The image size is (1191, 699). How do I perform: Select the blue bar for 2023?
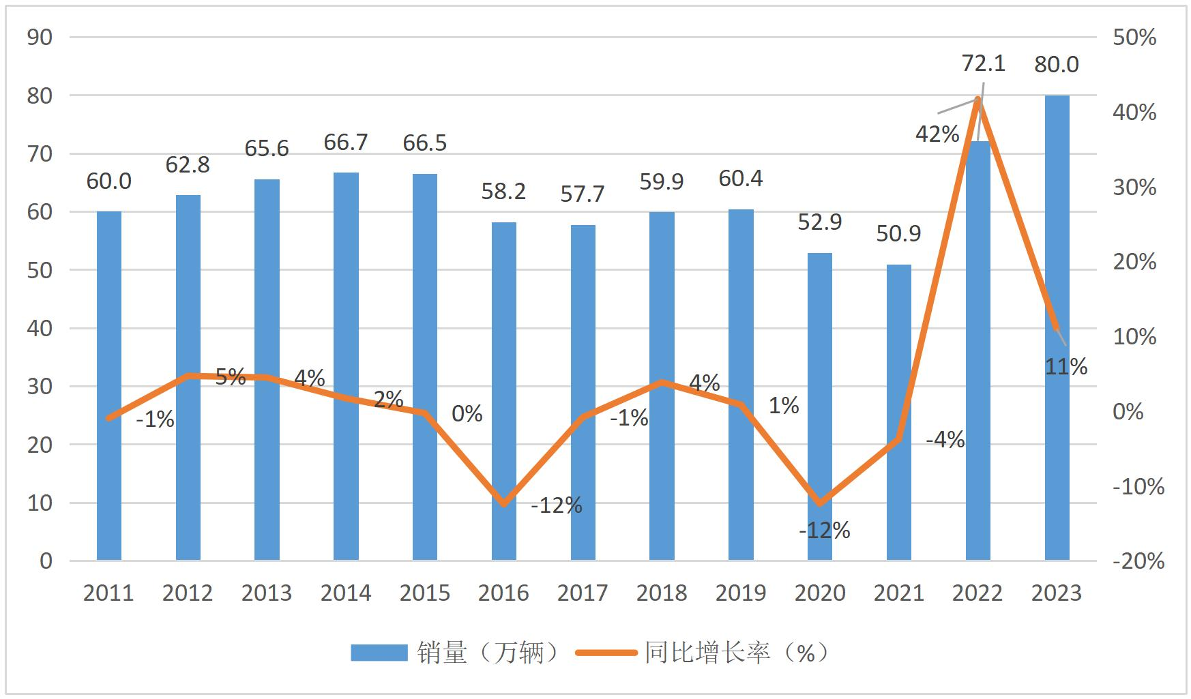[1057, 327]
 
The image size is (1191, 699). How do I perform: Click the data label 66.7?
[346, 143]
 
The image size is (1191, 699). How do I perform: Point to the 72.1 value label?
[983, 63]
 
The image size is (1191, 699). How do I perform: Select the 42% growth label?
[937, 134]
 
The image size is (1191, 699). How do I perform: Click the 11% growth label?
[1066, 367]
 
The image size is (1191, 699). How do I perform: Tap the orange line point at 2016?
[504, 504]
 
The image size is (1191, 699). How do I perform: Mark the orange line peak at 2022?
[978, 99]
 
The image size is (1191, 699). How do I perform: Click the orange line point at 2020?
[820, 504]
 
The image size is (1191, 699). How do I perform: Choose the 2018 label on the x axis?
[662, 593]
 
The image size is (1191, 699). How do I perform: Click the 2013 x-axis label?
[267, 593]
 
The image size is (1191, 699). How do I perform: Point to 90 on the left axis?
[40, 38]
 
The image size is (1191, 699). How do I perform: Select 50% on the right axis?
[1134, 38]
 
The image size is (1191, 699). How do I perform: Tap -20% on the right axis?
[1138, 561]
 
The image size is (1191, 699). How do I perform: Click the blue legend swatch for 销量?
[379, 653]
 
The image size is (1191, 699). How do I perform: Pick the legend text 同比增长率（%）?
[737, 653]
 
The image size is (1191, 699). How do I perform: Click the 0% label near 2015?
[467, 413]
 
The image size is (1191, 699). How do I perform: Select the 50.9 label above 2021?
[898, 234]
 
